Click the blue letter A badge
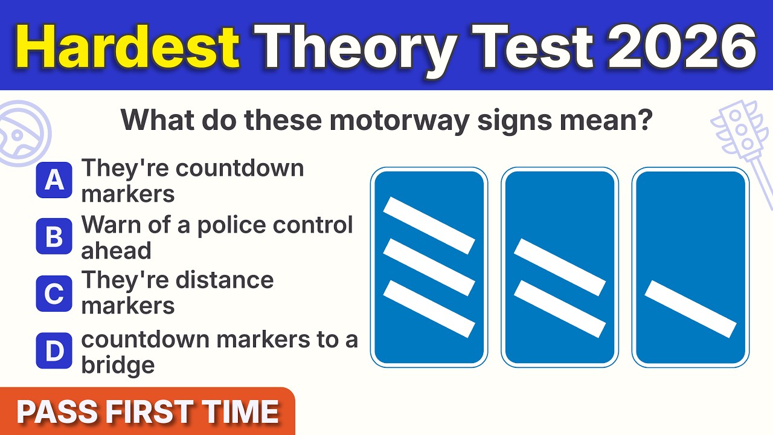point(54,180)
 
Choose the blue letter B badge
point(54,237)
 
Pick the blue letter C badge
point(54,294)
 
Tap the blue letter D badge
point(54,351)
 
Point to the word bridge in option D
point(118,365)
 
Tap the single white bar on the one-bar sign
point(691,309)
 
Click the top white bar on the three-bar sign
point(429,225)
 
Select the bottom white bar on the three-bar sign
point(429,308)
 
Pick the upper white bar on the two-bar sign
point(560,267)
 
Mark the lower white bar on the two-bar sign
point(560,309)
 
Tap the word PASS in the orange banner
point(58,412)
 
